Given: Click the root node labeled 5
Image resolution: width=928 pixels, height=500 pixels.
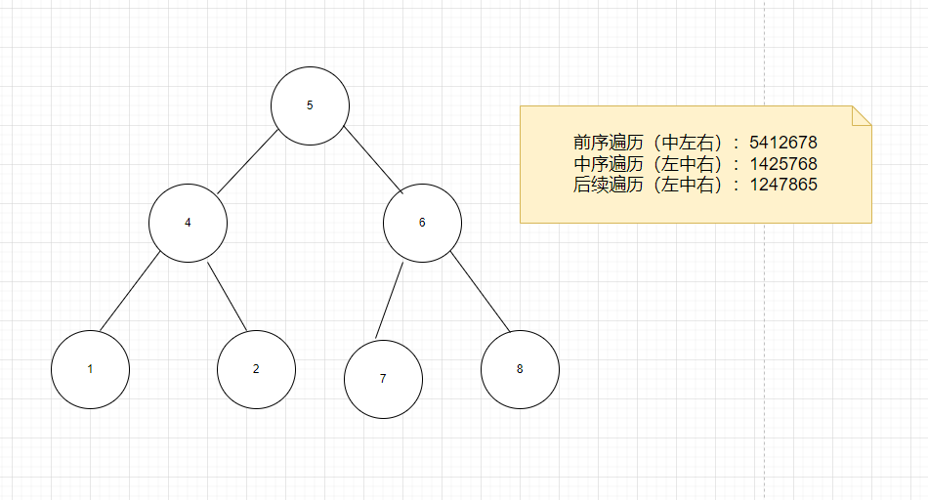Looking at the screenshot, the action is click(x=310, y=105).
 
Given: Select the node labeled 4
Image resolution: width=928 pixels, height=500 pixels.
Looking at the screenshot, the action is click(x=188, y=223).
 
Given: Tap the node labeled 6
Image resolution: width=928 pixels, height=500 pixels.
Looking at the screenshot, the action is click(x=422, y=223).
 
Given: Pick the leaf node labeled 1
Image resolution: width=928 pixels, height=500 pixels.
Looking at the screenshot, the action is click(x=90, y=369).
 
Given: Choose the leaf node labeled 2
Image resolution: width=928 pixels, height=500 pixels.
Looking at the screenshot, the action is click(x=256, y=369).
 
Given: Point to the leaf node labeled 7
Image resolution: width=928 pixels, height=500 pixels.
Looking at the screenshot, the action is click(x=383, y=379).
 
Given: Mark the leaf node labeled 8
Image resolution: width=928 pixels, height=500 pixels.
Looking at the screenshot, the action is click(x=520, y=369).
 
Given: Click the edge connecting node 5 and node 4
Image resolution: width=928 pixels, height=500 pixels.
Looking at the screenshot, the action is click(x=248, y=164).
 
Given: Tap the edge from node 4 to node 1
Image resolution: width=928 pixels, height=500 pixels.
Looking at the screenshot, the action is click(x=130, y=290).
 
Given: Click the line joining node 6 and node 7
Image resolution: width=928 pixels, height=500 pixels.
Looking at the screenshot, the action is click(x=390, y=300).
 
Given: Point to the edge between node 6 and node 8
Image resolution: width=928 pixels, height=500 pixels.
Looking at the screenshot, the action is click(x=481, y=291).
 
